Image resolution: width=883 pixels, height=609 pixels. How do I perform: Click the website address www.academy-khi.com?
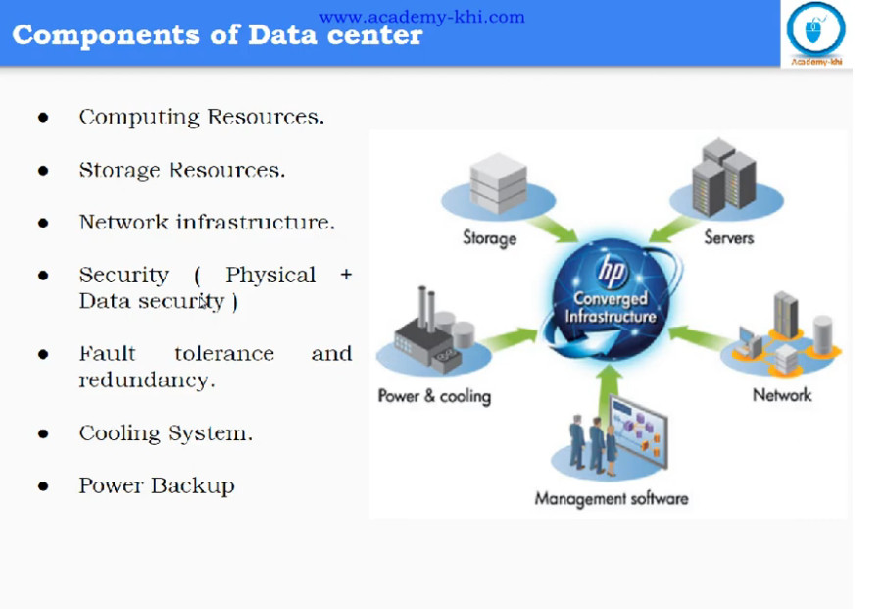(421, 17)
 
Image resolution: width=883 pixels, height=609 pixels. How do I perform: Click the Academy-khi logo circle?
(815, 28)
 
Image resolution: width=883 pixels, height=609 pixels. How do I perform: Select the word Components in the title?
(106, 35)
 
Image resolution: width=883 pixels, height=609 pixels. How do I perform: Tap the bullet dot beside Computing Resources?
(43, 117)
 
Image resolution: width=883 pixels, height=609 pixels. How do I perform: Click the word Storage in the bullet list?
(120, 170)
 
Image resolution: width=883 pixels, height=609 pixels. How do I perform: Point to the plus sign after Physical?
(346, 275)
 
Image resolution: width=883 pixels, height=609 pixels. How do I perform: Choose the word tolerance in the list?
(224, 354)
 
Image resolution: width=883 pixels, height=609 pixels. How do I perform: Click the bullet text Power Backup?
(157, 485)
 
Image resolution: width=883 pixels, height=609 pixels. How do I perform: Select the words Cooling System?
(166, 433)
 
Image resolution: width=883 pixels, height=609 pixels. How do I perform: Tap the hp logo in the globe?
(612, 271)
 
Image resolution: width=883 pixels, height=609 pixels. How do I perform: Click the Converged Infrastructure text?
(611, 307)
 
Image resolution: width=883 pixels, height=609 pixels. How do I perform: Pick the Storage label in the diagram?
(489, 238)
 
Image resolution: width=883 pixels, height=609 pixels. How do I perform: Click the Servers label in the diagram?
(729, 237)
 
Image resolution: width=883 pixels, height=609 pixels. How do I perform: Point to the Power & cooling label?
(434, 396)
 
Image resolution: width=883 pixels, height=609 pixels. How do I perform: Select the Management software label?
(612, 498)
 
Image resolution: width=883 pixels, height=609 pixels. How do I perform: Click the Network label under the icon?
(782, 395)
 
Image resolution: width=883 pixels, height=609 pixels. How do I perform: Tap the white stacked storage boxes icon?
(499, 183)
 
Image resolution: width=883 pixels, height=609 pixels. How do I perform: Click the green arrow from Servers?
(673, 229)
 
